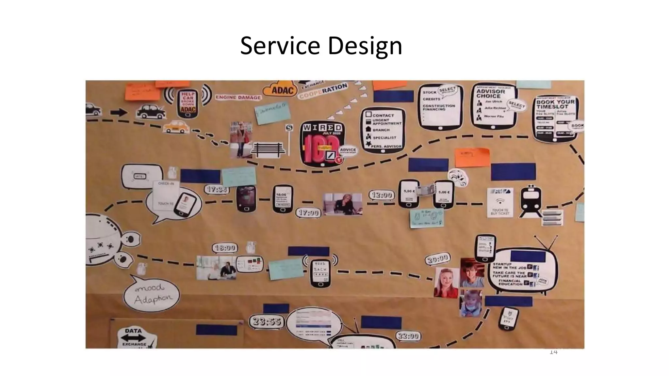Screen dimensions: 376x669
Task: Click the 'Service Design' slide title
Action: coord(321,46)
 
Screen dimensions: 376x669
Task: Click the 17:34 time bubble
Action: coord(217,189)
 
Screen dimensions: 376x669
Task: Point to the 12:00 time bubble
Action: coord(382,195)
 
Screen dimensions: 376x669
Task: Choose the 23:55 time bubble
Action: coord(267,321)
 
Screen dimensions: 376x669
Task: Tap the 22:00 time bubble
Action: coord(408,336)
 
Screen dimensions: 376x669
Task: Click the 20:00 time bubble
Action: coord(437,259)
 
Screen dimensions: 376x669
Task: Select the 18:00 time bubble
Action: coord(225,248)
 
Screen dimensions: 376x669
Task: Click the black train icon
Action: coord(530,201)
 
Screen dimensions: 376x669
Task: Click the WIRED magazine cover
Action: coord(322,144)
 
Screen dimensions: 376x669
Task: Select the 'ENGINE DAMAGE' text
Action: coord(238,97)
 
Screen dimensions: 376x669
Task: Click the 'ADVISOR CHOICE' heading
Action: coord(491,94)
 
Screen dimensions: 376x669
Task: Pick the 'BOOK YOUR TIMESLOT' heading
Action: coord(555,104)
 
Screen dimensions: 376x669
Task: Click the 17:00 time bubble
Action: coord(308,213)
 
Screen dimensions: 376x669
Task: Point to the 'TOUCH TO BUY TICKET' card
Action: coord(500,203)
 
